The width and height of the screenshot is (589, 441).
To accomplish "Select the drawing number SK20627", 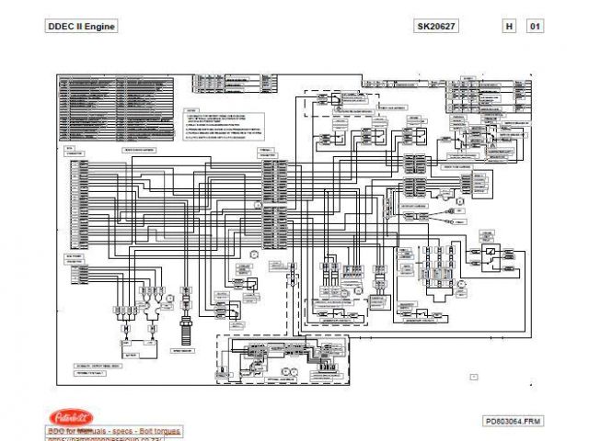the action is tap(436, 27).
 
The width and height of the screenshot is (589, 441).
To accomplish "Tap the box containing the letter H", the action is tap(509, 27).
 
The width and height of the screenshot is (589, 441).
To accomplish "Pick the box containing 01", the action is tap(534, 27).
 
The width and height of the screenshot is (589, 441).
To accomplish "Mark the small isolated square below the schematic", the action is tap(473, 376).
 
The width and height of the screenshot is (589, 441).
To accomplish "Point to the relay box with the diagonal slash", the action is tap(493, 252).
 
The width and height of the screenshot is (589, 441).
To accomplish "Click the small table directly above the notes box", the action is tap(234, 85).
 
